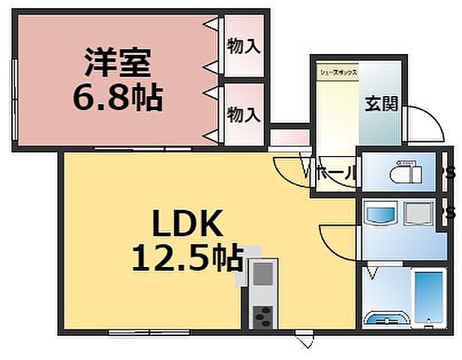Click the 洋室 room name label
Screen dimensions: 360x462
[118, 62]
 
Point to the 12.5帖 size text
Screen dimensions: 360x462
[187, 258]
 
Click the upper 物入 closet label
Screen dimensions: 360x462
[244, 46]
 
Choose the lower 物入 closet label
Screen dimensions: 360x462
[244, 114]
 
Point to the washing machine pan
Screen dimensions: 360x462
[417, 214]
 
